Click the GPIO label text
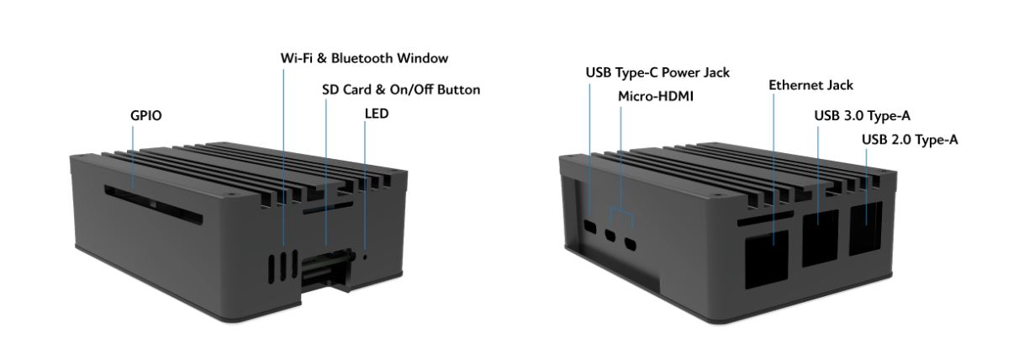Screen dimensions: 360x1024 144,115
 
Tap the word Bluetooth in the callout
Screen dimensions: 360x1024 375,59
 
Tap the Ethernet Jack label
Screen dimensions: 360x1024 810,85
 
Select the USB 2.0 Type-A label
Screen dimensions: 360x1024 911,140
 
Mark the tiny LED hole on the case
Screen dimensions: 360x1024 364,254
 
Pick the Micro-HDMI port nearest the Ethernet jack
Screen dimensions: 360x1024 631,246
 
